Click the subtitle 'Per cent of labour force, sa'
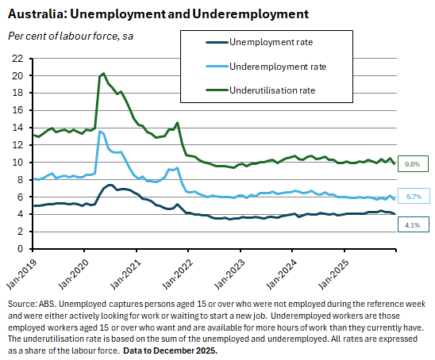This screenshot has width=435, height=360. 70,36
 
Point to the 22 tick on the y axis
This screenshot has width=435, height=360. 17,59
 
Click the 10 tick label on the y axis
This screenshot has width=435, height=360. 17,163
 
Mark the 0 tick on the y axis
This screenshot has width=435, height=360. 20,249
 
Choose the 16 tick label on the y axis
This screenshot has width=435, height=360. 17,110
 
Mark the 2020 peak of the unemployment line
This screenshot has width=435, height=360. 111,185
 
